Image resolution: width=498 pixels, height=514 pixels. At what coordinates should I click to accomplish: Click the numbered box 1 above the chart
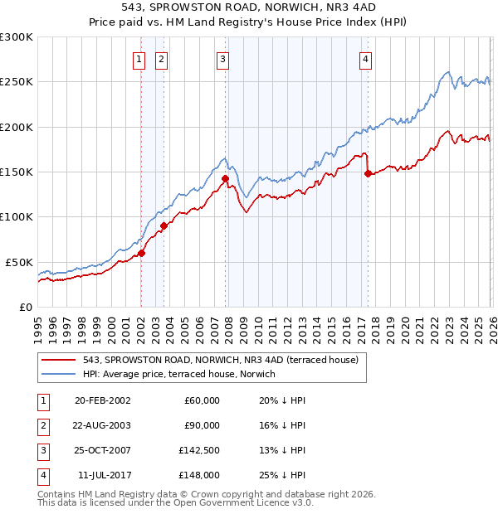pyautogui.click(x=138, y=59)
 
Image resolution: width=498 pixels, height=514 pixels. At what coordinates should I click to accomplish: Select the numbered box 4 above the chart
pyautogui.click(x=365, y=59)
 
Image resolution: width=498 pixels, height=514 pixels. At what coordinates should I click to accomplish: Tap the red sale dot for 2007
pyautogui.click(x=225, y=178)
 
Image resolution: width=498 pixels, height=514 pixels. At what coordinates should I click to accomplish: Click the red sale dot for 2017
pyautogui.click(x=368, y=173)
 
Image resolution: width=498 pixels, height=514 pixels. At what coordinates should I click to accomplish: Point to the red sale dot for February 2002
pyautogui.click(x=141, y=253)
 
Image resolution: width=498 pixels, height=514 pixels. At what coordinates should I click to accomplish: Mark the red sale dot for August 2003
pyautogui.click(x=164, y=225)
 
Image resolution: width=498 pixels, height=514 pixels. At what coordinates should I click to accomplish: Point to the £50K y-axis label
pyautogui.click(x=19, y=262)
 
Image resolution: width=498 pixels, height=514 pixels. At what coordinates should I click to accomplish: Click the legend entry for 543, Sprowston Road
pyautogui.click(x=220, y=360)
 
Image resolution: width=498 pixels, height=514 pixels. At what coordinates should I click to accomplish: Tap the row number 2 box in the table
pyautogui.click(x=42, y=425)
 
